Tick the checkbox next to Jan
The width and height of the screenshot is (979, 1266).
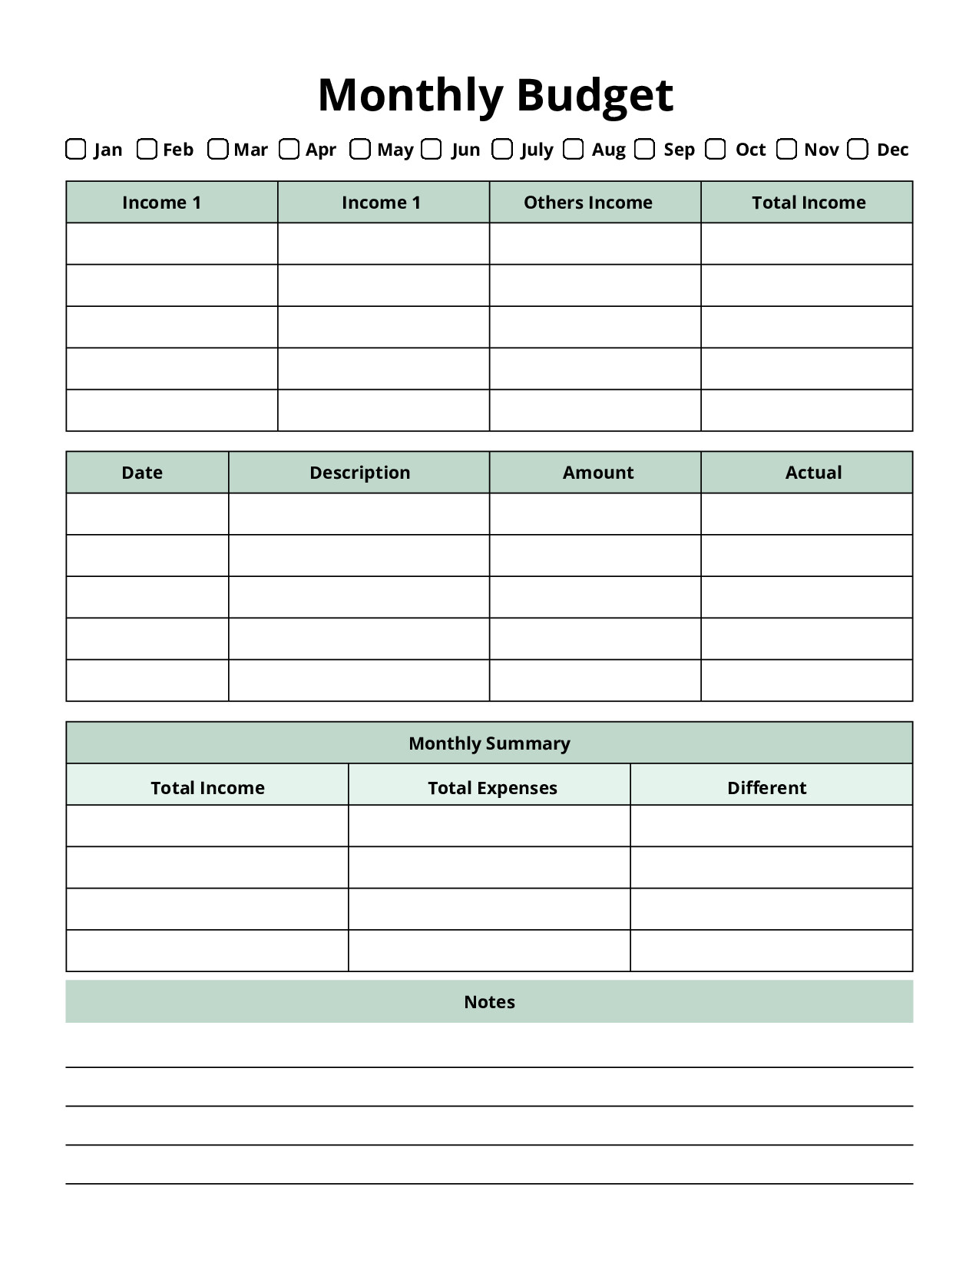click(75, 149)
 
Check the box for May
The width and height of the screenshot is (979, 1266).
click(360, 149)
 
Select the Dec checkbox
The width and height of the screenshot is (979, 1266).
click(858, 149)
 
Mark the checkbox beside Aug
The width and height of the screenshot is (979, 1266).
click(573, 149)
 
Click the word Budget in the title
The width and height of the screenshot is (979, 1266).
click(594, 95)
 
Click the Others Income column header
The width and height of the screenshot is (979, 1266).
click(587, 203)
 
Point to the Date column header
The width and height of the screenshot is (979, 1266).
click(142, 473)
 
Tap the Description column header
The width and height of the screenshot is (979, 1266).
click(359, 473)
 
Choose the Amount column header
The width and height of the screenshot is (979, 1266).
click(597, 473)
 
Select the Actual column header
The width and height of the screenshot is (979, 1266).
click(813, 473)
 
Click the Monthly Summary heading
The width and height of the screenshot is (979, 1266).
click(489, 743)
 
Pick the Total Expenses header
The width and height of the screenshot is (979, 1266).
click(492, 788)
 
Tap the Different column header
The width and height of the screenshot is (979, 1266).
click(766, 788)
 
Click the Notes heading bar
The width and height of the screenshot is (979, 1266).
click(489, 1002)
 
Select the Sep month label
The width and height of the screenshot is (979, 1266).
click(679, 150)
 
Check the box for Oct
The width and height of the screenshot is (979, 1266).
click(716, 149)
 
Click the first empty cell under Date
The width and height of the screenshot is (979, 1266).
click(147, 514)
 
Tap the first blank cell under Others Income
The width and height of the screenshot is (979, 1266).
click(595, 244)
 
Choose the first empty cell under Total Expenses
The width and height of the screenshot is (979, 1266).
click(489, 826)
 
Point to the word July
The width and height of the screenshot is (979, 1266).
click(537, 150)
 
